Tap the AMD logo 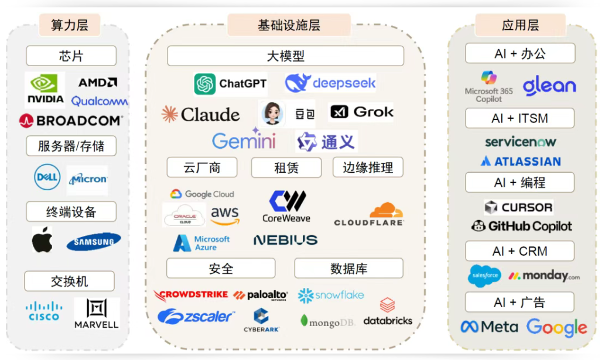click(x=98, y=83)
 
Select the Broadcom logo click(x=71, y=121)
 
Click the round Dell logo click(x=47, y=177)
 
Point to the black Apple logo click(x=42, y=240)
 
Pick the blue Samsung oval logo click(x=94, y=241)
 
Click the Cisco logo click(x=44, y=311)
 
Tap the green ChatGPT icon click(x=205, y=84)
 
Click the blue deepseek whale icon click(x=297, y=83)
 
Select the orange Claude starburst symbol click(x=169, y=114)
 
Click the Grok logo click(x=362, y=112)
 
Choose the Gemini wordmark click(x=244, y=140)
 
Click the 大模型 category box click(x=285, y=56)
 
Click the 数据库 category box click(x=348, y=269)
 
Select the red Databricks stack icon click(x=387, y=305)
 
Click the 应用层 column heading click(x=519, y=25)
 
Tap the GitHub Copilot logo click(x=521, y=226)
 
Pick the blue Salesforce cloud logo click(x=484, y=276)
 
